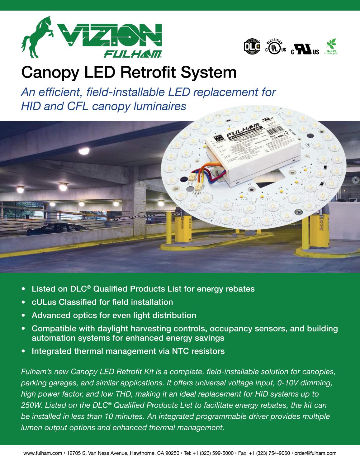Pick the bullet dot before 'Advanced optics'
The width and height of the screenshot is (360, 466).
click(23, 315)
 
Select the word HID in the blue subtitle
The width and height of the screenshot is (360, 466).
click(30, 106)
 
